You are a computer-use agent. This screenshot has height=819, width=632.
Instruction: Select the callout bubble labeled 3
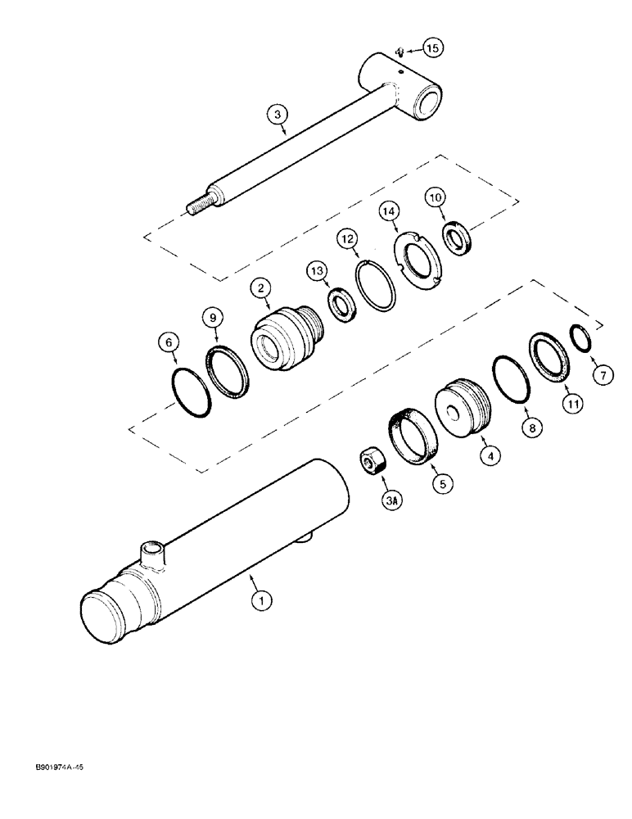click(282, 117)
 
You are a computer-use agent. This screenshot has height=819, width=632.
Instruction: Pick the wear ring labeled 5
click(413, 442)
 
